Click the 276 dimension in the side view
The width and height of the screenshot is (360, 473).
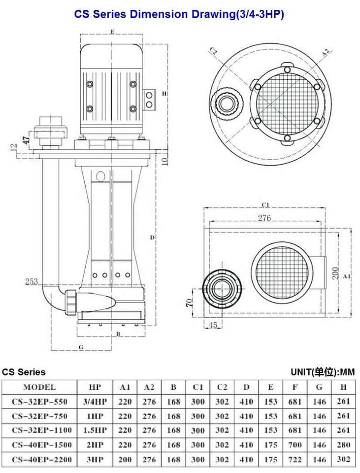tap(264, 217)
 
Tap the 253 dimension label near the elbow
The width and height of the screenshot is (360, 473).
tap(32, 281)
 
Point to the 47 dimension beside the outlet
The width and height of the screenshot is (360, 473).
tap(26, 139)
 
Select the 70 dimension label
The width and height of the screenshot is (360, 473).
tap(189, 303)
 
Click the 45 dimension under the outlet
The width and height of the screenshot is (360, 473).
tap(213, 325)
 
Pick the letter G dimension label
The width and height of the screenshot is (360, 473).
tap(81, 347)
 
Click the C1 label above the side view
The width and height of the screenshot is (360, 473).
tap(265, 205)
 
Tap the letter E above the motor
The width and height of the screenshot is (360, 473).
tap(112, 32)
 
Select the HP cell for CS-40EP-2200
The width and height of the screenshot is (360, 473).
tap(95, 459)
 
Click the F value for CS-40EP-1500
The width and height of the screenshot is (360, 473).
tap(295, 444)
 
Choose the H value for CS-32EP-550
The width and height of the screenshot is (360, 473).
tap(343, 402)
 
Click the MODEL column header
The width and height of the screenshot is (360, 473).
tap(39, 387)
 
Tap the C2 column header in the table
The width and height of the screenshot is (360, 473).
tap(222, 387)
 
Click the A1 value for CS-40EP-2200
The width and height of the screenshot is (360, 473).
tap(125, 459)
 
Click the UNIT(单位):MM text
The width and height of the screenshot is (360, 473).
tap(323, 372)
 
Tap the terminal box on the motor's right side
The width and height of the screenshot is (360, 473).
tap(149, 100)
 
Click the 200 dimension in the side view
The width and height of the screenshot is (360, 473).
tap(335, 272)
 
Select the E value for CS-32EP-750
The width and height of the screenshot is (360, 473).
tap(270, 416)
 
